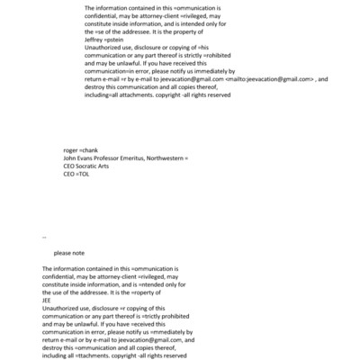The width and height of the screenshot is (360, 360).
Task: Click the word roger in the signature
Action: [x=72, y=149]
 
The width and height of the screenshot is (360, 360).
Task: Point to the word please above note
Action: [x=64, y=253]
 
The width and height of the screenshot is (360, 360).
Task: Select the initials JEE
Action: [x=49, y=301]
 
